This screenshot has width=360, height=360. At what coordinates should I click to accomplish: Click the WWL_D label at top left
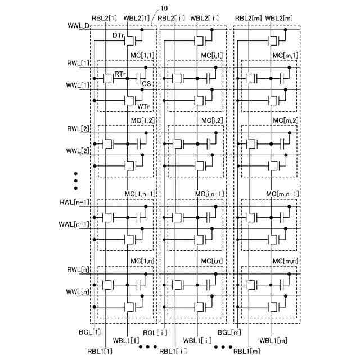pyautogui.click(x=78, y=26)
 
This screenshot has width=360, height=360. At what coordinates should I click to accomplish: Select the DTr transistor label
pyautogui.click(x=118, y=35)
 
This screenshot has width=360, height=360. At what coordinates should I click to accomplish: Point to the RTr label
pyautogui.click(x=120, y=74)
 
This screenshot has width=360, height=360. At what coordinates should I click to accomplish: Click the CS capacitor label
pyautogui.click(x=146, y=83)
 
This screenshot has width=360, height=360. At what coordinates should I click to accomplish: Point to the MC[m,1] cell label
pyautogui.click(x=286, y=55)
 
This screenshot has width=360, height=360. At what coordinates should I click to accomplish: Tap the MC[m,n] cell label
pyautogui.click(x=286, y=261)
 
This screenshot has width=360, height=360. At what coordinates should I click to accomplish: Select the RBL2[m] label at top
pyautogui.click(x=248, y=18)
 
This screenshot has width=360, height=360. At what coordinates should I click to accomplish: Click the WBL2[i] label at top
pyautogui.click(x=206, y=18)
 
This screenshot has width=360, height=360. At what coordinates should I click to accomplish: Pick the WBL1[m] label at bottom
pyautogui.click(x=273, y=341)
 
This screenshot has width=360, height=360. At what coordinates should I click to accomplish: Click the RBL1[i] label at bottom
pyautogui.click(x=174, y=352)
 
